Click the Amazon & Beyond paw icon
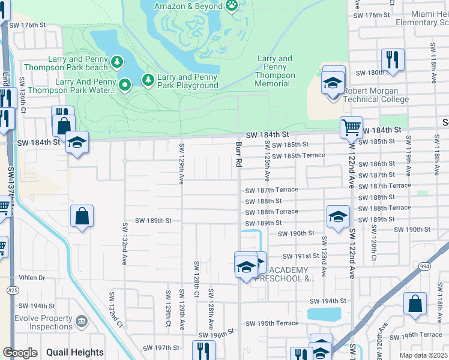(x=232, y=5)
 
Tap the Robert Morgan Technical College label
(x=376, y=95)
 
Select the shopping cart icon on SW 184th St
(x=351, y=127)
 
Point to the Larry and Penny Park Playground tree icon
(x=147, y=80)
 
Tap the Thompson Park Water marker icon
(x=125, y=86)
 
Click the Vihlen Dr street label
(x=33, y=278)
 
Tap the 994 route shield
(x=425, y=266)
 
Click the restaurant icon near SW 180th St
(x=393, y=59)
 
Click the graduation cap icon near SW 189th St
(x=338, y=217)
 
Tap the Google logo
(x=20, y=353)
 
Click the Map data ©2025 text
(x=423, y=355)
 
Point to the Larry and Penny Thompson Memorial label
(x=276, y=71)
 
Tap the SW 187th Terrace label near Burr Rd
(x=271, y=190)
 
